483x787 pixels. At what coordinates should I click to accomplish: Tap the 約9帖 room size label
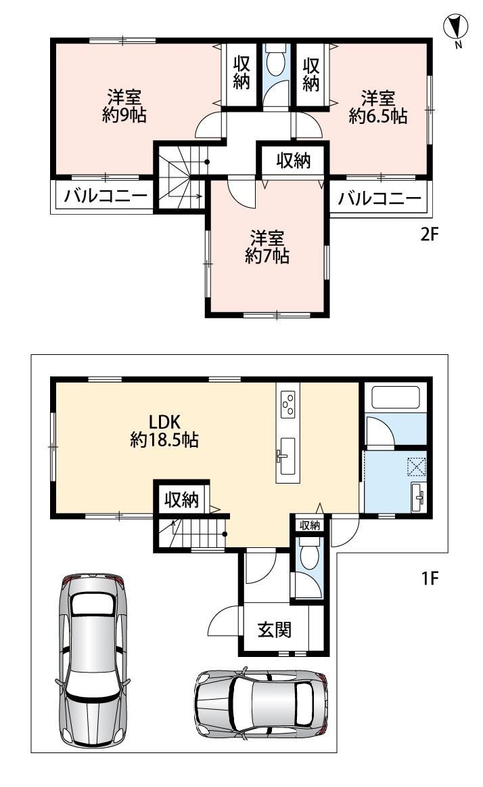point(124,115)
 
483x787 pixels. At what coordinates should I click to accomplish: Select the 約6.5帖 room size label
point(377,116)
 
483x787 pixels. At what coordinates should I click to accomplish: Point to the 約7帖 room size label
point(267,257)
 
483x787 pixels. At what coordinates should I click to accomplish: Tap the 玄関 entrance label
point(275,629)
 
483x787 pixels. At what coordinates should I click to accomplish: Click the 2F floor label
point(430,234)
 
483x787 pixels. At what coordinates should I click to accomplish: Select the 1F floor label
point(430,578)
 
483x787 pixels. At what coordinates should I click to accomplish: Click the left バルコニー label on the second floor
point(106,196)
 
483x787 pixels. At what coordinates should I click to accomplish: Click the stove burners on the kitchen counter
point(288,404)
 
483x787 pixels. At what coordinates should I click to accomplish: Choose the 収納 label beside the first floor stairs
point(181,499)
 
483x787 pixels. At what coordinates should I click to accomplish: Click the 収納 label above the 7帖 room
point(294,161)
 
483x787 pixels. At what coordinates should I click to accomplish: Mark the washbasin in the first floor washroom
point(418,497)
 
